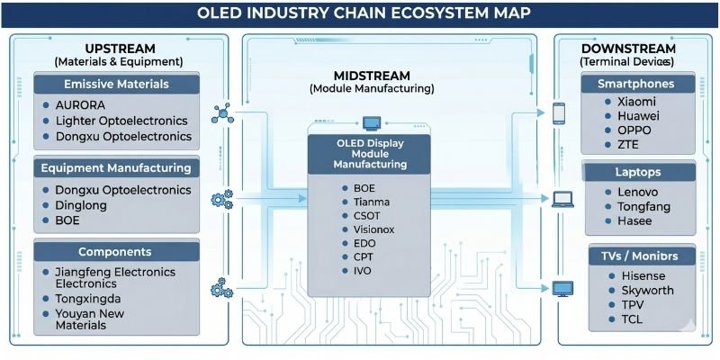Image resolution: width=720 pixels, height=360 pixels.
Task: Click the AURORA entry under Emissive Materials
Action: point(81,104)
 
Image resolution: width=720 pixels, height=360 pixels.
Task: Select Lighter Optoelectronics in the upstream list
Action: point(121,121)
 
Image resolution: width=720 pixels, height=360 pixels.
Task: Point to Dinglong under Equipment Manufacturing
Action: point(82,205)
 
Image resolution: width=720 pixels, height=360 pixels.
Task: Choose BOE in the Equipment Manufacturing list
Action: point(67,220)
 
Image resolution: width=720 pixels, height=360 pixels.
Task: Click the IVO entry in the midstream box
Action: point(363,271)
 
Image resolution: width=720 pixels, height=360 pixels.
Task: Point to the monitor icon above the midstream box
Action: point(371,122)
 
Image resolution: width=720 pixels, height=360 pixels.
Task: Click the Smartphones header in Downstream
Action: point(635,84)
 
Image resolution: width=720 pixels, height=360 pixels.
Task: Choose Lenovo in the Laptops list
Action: point(637,192)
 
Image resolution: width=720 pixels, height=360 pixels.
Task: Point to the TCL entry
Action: point(634,320)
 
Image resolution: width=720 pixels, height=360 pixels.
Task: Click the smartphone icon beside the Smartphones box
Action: point(559,113)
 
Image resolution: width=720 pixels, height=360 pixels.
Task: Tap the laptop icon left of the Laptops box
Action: point(562,199)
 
